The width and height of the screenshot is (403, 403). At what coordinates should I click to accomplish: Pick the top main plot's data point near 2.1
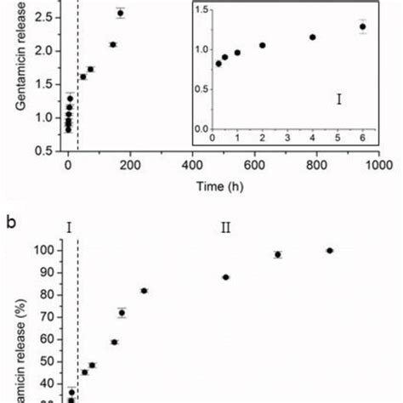point(112,44)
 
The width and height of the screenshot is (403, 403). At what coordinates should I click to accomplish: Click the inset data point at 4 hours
point(313,37)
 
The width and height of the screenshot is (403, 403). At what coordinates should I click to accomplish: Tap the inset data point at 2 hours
point(262,45)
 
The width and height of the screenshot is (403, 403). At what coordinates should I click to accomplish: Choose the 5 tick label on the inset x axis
point(338,136)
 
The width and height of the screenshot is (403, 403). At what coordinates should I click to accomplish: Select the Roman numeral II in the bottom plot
point(225,228)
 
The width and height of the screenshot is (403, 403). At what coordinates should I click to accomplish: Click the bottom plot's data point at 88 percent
point(225,277)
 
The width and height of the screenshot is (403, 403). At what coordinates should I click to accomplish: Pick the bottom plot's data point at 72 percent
point(122,313)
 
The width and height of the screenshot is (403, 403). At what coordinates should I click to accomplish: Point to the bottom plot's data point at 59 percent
point(114,342)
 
